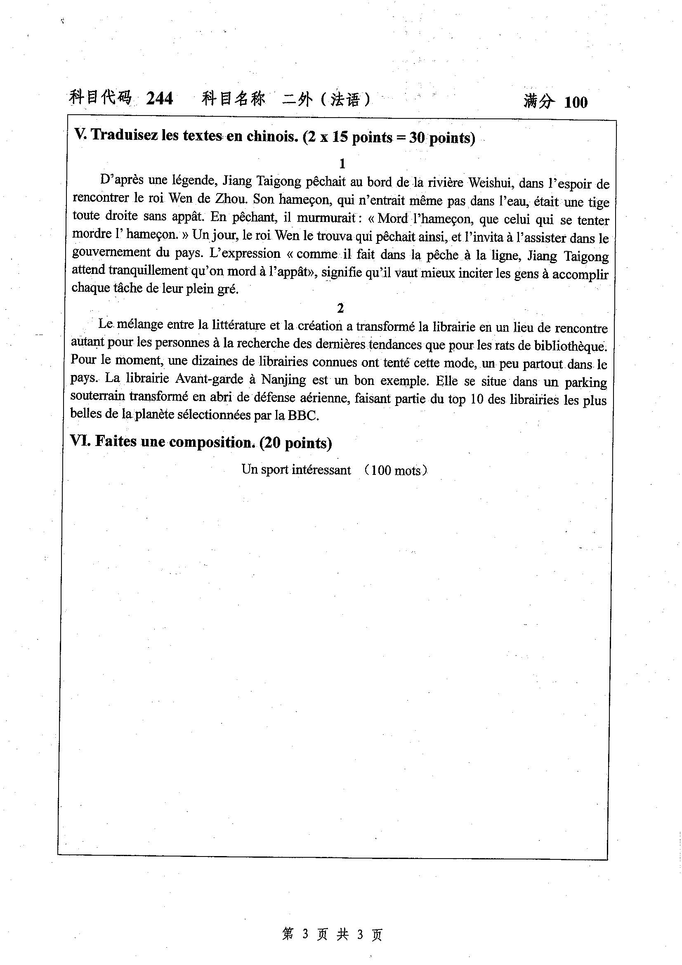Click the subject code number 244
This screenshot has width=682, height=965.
point(159,99)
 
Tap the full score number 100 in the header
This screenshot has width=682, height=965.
point(575,102)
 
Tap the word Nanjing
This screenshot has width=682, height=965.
point(283,380)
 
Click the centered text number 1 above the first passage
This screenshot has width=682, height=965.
point(342,163)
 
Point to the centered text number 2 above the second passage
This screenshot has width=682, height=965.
point(340,308)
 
